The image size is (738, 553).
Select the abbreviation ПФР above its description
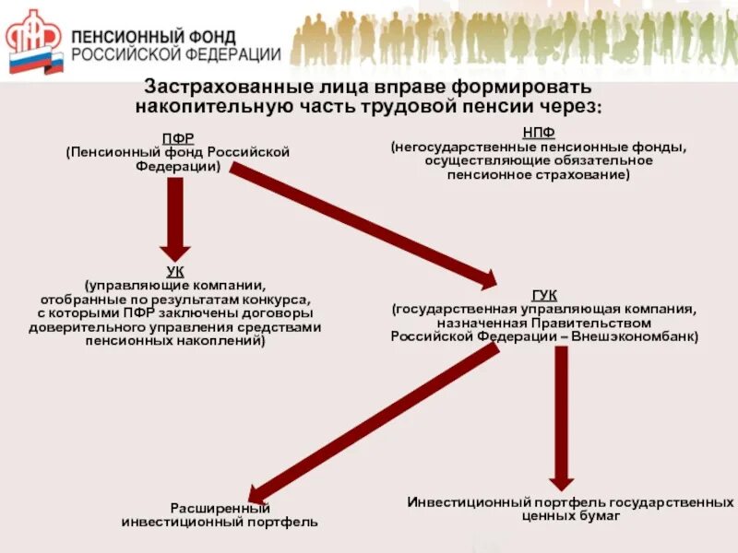[x=177, y=138]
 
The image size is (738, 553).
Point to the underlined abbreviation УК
[x=175, y=273]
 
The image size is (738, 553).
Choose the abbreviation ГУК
[x=544, y=295]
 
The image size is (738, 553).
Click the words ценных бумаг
[x=571, y=516]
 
